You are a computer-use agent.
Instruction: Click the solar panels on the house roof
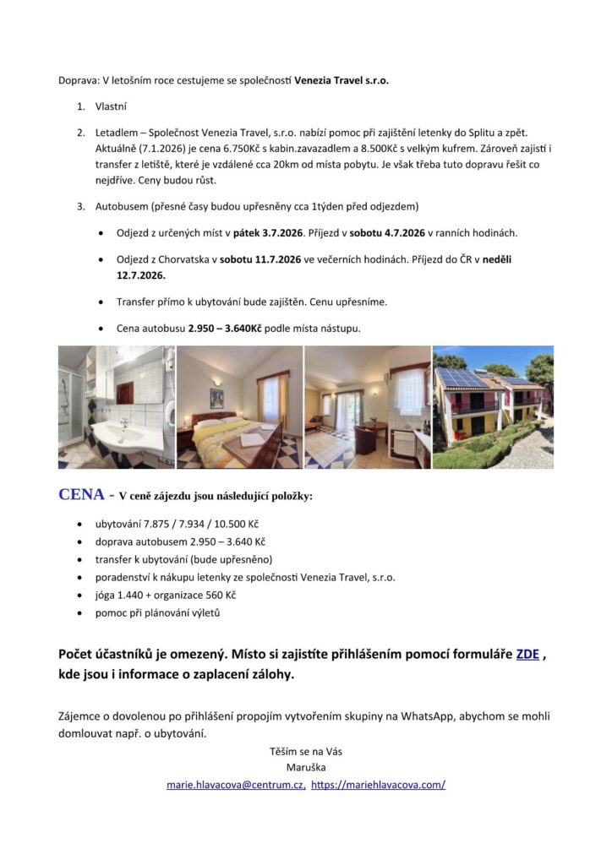(x=463, y=377)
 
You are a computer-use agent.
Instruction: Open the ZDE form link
(x=527, y=654)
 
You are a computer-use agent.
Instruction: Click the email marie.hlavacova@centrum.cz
(x=236, y=784)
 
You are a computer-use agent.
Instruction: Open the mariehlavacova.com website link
(x=378, y=784)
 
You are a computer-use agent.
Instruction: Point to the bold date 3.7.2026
(x=277, y=231)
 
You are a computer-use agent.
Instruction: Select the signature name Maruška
(x=305, y=767)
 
